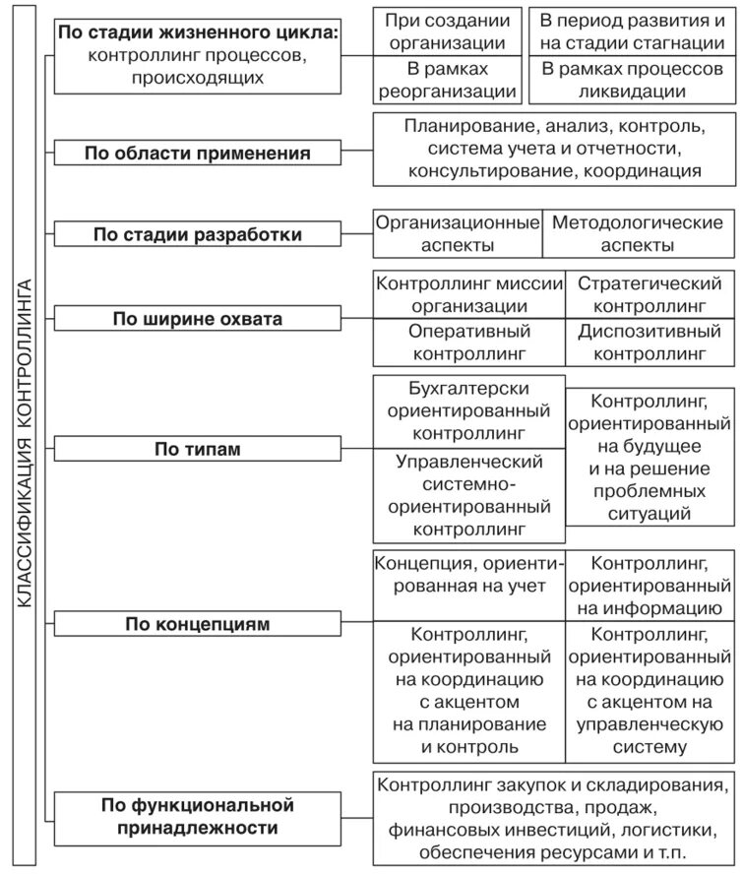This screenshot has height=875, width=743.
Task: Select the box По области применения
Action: coord(197,153)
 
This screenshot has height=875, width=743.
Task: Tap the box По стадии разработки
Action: coord(197,234)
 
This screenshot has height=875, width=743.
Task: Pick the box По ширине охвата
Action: coord(197,319)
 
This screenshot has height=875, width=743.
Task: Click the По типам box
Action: coord(197,449)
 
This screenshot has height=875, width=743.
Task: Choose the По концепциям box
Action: coord(197,623)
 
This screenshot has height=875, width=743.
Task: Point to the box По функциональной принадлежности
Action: coord(197,817)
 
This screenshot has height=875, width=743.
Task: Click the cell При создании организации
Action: coord(446,31)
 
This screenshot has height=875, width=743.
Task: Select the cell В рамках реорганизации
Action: coord(446,81)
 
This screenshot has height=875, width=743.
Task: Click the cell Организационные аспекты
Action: coord(458,234)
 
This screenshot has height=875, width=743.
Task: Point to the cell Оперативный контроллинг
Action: coord(469,342)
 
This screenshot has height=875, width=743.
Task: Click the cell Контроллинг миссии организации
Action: coord(469,293)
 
